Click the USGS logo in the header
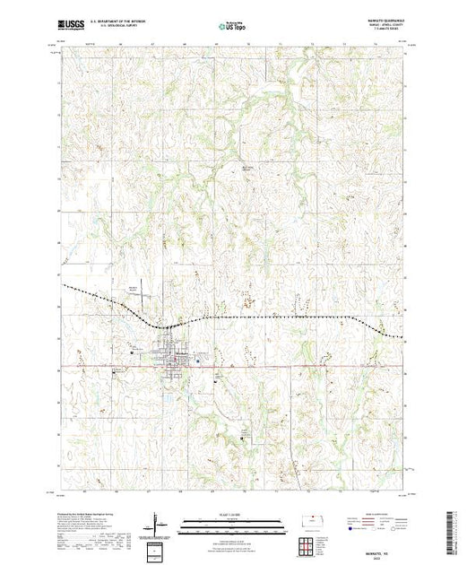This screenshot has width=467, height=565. tap(72, 26)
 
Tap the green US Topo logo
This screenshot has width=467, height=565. tap(233, 26)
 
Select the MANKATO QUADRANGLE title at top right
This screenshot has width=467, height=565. tap(376, 22)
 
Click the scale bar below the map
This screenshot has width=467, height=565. tap(233, 525)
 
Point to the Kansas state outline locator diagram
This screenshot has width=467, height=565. tap(316, 519)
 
